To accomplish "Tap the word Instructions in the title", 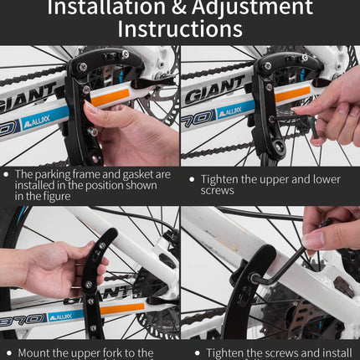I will pos(180,29).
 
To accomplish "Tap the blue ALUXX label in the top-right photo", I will pos(236,111).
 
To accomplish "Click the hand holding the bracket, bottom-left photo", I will pos(50,268).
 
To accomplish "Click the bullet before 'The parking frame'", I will pos(8,173).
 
